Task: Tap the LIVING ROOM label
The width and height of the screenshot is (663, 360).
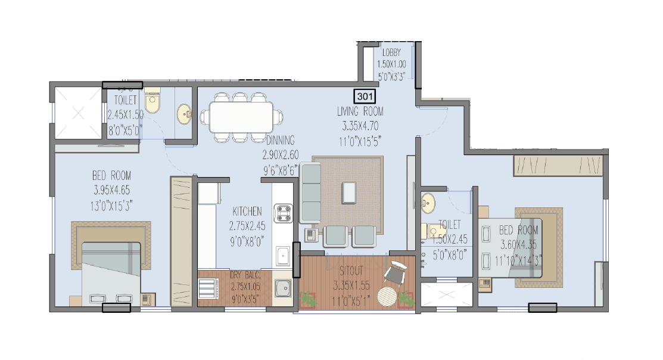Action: [360, 111]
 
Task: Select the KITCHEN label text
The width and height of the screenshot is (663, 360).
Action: [247, 211]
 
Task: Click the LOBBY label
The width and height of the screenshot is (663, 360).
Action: [391, 52]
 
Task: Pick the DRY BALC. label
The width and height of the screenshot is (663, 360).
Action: [246, 275]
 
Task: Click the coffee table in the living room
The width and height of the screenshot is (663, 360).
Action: [350, 191]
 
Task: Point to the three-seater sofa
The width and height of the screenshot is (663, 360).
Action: [310, 193]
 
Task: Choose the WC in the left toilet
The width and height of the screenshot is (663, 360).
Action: [152, 103]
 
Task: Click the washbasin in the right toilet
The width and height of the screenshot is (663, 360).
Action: [427, 203]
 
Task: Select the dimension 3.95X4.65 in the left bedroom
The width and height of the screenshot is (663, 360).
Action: [111, 191]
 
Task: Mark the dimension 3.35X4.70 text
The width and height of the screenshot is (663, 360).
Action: [360, 126]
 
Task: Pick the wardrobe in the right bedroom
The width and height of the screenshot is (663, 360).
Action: [558, 166]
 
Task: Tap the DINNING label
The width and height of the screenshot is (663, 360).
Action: [281, 141]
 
